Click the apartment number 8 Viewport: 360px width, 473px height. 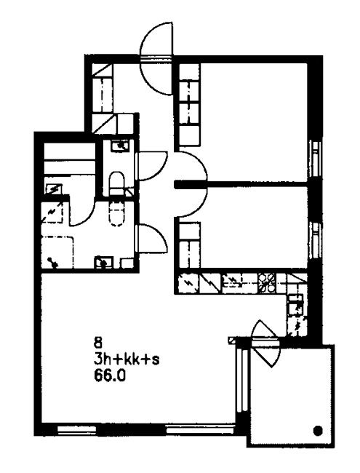[x=98, y=343]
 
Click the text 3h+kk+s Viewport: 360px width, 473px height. [x=127, y=359]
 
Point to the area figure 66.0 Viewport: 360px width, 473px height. [x=109, y=376]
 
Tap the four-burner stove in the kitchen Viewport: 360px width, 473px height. [x=267, y=283]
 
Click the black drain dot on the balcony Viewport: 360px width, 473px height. [x=317, y=430]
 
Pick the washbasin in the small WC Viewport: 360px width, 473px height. [x=121, y=145]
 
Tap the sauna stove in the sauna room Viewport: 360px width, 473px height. [x=53, y=188]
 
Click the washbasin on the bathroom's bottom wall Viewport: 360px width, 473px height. [x=104, y=262]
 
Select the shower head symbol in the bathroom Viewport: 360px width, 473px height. [x=52, y=262]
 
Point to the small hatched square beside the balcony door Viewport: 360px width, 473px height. [x=231, y=340]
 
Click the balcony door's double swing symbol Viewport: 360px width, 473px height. [x=265, y=344]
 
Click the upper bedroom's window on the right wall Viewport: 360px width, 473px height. [x=316, y=159]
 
